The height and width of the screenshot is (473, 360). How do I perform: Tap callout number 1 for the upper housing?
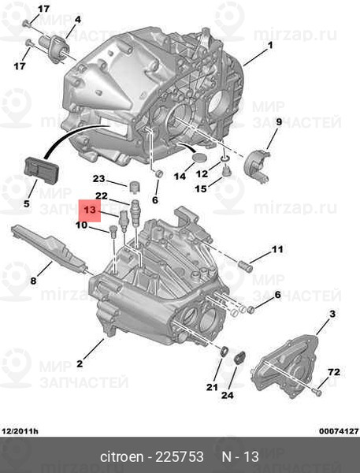pyautogui.click(x=269, y=45)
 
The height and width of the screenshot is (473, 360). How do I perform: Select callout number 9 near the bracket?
pyautogui.click(x=278, y=121)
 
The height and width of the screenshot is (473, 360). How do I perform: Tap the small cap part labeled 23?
pyautogui.click(x=134, y=186)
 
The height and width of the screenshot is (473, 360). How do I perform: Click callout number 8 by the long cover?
pyautogui.click(x=34, y=280)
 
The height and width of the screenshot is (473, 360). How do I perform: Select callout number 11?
pyautogui.click(x=276, y=250)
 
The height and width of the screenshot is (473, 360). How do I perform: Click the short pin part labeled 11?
pyautogui.click(x=243, y=263)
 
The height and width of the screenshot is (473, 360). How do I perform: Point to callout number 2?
pyautogui.click(x=79, y=363)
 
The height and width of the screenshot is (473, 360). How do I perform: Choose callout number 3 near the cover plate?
pyautogui.click(x=332, y=315)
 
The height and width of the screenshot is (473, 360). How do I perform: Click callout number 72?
pyautogui.click(x=333, y=371)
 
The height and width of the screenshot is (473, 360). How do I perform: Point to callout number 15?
pyautogui.click(x=202, y=188)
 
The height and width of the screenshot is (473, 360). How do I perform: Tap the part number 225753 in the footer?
pyautogui.click(x=183, y=457)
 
